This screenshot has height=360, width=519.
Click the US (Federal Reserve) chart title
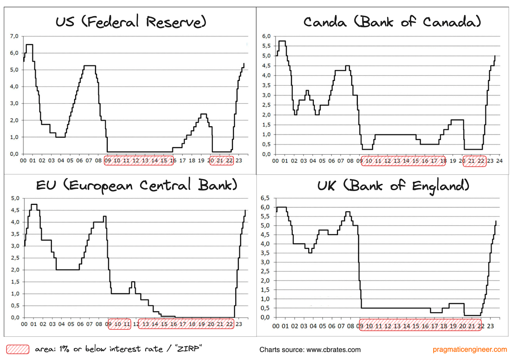pos(130,22)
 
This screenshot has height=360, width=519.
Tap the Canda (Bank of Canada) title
pos(392,22)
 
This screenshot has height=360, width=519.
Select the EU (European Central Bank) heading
pos(136,186)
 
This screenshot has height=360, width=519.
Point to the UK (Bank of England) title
pos(393,186)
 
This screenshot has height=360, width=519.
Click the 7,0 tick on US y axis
pos(14,36)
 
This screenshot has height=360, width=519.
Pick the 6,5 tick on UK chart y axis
pos(265,198)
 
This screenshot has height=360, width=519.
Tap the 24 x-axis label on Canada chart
pos(499,161)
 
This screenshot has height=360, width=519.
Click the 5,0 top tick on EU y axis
pos(15,198)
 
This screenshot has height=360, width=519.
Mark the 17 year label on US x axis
pos(182,160)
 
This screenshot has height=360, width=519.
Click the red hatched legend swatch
pos(18,349)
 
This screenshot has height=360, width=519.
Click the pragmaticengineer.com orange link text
pos(469,349)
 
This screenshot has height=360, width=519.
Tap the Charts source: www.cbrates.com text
pos(310,350)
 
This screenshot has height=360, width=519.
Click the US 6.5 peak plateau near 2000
pos(29,44)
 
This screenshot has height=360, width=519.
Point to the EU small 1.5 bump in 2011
pos(133,282)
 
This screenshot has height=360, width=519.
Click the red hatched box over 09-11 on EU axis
pos(119,324)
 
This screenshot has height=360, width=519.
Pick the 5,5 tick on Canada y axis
pos(266,46)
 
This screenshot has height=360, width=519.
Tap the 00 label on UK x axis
pos(276,326)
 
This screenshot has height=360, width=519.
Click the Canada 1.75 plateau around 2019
pos(457,120)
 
